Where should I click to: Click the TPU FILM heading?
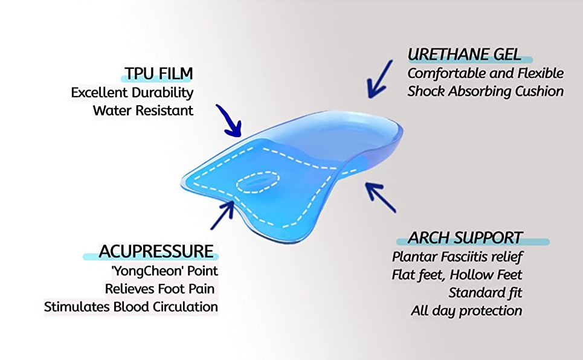(159, 74)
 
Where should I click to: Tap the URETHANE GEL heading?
(465, 55)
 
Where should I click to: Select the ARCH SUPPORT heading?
(465, 237)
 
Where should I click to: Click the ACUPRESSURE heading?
(156, 252)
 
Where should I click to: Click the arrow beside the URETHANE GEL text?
(379, 80)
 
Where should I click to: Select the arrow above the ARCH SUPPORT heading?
(380, 197)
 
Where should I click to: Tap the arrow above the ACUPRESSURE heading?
(223, 215)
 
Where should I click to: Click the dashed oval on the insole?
(258, 182)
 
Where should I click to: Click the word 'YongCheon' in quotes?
(147, 271)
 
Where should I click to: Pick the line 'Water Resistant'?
(143, 111)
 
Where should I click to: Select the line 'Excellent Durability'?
(132, 92)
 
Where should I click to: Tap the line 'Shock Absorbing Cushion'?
(486, 91)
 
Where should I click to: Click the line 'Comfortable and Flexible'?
(486, 73)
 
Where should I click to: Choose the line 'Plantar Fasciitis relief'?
(457, 257)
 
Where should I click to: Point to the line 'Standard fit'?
(485, 293)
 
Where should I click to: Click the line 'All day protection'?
(466, 311)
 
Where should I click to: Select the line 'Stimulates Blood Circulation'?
(131, 307)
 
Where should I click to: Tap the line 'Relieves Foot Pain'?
(160, 289)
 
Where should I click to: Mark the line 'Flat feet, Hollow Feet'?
(457, 275)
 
